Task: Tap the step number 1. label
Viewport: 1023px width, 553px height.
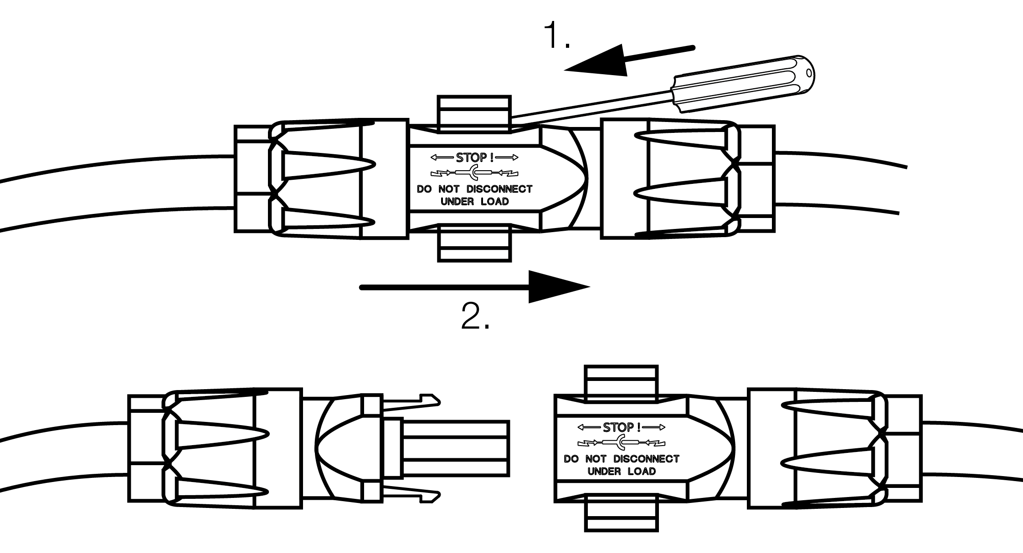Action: [556, 36]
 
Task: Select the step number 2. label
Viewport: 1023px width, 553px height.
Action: [475, 316]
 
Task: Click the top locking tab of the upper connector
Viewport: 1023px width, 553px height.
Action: [474, 113]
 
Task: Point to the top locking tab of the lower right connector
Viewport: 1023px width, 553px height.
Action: [621, 383]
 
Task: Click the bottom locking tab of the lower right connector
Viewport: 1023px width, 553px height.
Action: [621, 513]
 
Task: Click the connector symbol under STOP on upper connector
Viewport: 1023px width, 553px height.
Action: [474, 173]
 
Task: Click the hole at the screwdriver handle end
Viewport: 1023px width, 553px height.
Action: [808, 73]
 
